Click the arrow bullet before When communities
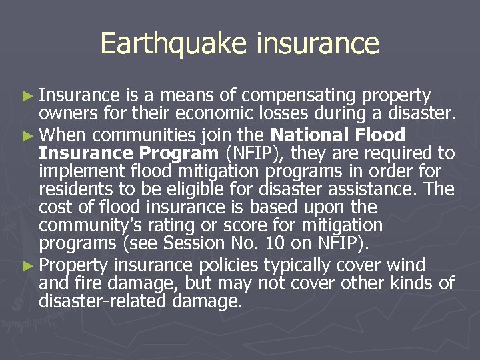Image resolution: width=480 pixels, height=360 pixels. (x=27, y=135)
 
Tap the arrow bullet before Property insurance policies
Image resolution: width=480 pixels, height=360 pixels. (x=27, y=265)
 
